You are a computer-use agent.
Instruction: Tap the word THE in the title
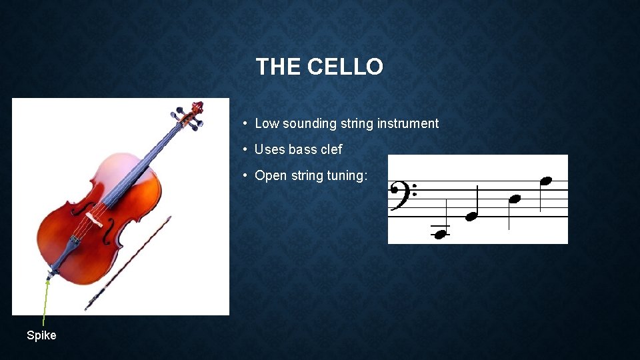(279, 67)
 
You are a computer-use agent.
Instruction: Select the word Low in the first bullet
(267, 123)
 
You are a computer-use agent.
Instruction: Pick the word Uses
(269, 149)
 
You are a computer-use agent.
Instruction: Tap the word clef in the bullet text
(331, 149)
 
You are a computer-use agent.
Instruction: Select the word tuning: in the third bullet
(347, 175)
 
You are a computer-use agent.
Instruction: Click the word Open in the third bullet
(271, 175)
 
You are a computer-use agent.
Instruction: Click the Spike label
(41, 335)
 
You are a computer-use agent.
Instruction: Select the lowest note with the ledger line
(439, 233)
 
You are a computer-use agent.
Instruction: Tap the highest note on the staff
(546, 181)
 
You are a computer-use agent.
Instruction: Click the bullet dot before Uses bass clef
(246, 149)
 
